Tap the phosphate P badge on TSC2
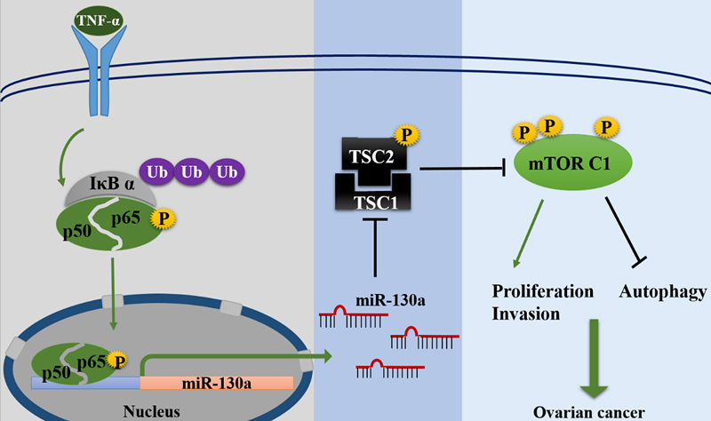pyautogui.click(x=406, y=134)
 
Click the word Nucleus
pyautogui.click(x=152, y=410)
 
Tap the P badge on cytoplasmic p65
pyautogui.click(x=160, y=218)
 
